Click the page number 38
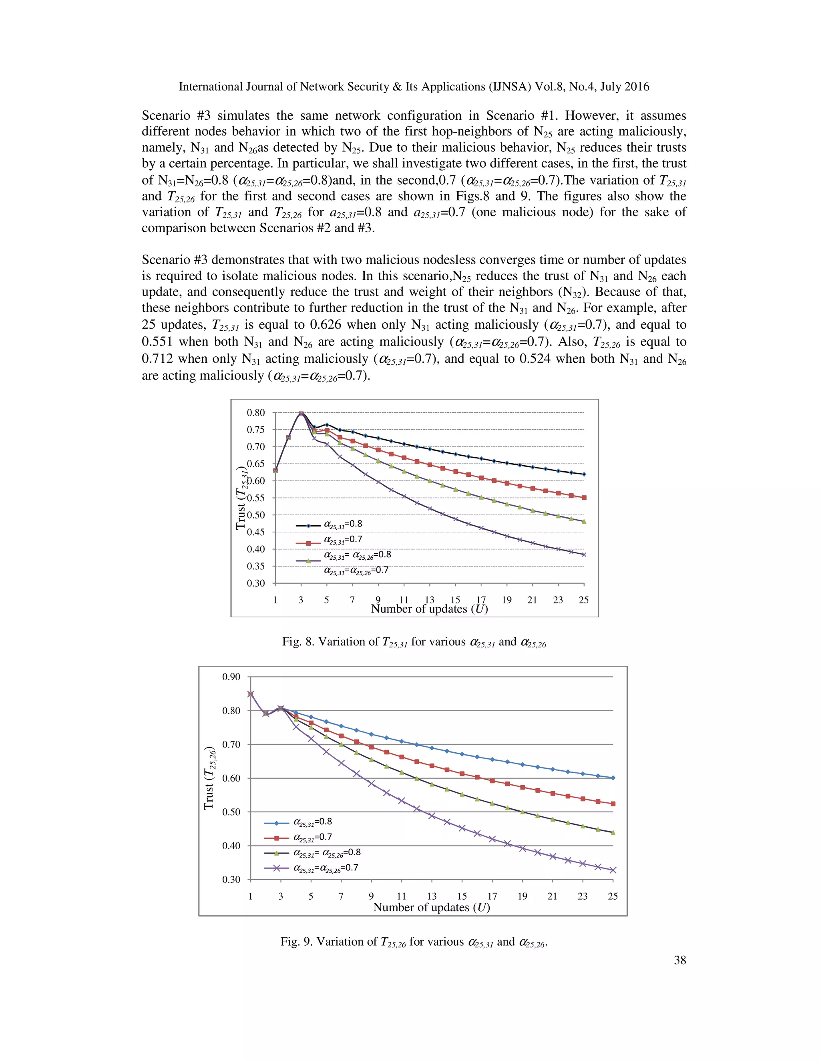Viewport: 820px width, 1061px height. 679,960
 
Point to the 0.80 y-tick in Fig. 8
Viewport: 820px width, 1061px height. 256,413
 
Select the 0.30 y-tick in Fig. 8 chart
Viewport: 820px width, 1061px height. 256,583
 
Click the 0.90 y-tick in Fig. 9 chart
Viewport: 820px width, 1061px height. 231,677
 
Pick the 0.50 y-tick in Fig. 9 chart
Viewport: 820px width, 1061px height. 231,812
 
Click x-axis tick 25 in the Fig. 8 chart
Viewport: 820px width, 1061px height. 583,600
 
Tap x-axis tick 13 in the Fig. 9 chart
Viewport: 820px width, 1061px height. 431,896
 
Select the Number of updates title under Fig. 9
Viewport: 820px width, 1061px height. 431,908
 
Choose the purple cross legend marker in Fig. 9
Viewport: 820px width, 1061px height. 276,868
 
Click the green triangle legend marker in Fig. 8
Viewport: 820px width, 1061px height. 308,561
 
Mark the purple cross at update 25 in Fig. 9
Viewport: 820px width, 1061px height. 613,870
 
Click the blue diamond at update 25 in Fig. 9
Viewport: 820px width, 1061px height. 613,778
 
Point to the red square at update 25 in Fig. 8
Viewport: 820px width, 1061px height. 584,497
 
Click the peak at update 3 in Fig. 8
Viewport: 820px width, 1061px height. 301,414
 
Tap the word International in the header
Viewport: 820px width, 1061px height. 210,86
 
